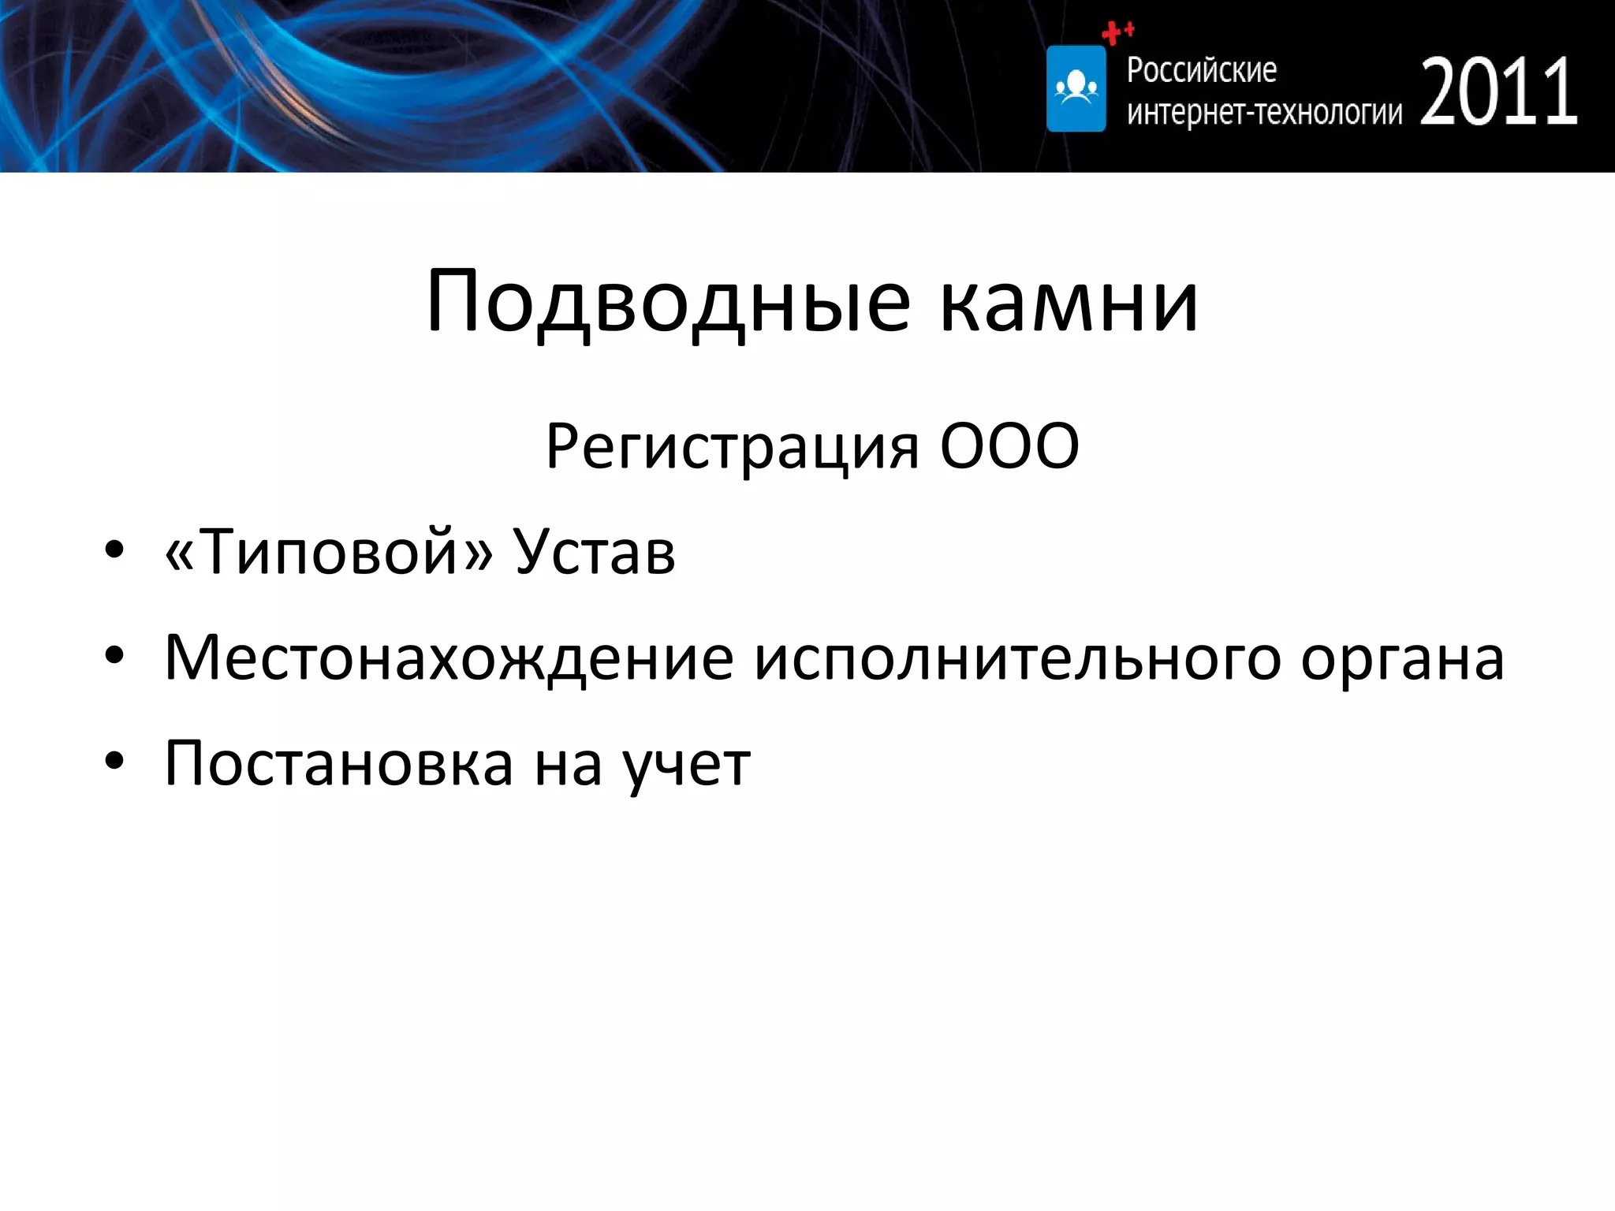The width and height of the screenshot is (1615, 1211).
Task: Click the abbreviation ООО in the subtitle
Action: tap(1009, 446)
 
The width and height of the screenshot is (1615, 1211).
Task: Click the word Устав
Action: tap(595, 551)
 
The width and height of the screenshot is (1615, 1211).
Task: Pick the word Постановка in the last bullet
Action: tap(339, 764)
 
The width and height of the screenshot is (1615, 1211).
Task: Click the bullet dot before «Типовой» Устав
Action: tap(114, 551)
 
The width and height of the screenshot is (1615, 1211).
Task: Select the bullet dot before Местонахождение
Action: tap(114, 656)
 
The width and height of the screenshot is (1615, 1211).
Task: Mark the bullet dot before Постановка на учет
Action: tap(114, 762)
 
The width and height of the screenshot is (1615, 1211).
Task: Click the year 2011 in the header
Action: tap(1499, 93)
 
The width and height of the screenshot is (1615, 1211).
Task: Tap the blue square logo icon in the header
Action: tap(1076, 88)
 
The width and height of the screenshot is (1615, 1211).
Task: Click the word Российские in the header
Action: tap(1201, 70)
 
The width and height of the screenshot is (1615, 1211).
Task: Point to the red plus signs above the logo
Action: tap(1117, 32)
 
